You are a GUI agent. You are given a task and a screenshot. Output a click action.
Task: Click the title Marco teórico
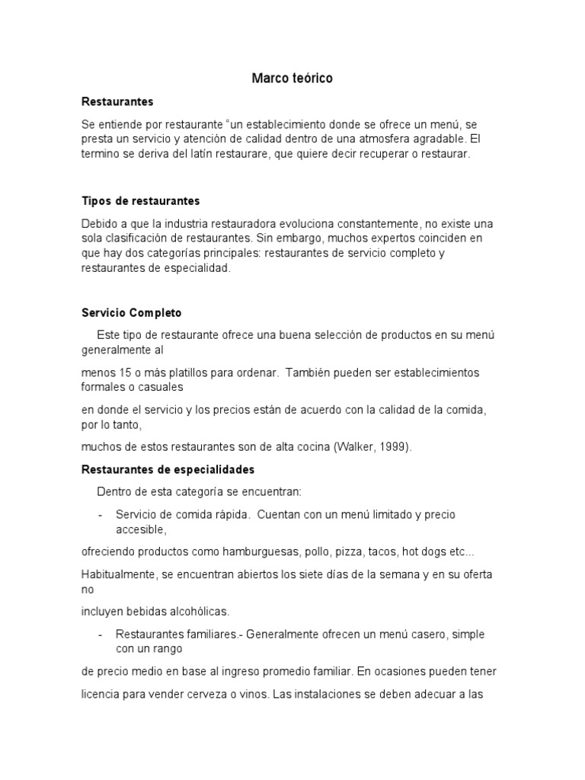click(292, 78)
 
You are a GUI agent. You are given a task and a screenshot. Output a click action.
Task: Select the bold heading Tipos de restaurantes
click(140, 201)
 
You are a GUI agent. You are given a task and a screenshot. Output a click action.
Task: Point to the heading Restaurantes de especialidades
click(168, 469)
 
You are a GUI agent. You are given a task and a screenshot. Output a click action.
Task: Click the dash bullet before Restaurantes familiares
click(100, 634)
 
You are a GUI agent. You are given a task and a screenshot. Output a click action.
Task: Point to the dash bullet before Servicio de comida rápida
click(100, 514)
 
